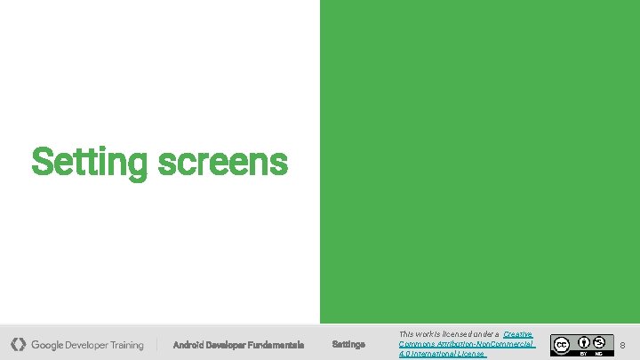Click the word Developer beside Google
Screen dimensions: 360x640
click(88, 345)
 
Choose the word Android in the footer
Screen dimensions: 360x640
click(188, 345)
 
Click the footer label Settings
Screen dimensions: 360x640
click(348, 345)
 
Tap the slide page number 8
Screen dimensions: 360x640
click(622, 345)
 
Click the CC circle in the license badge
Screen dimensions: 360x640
click(561, 344)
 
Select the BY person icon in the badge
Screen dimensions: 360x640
click(584, 341)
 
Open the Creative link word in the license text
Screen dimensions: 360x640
click(517, 334)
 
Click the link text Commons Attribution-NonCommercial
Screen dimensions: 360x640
click(466, 344)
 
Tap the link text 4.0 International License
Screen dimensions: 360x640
click(442, 354)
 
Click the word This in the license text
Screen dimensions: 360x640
click(406, 334)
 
